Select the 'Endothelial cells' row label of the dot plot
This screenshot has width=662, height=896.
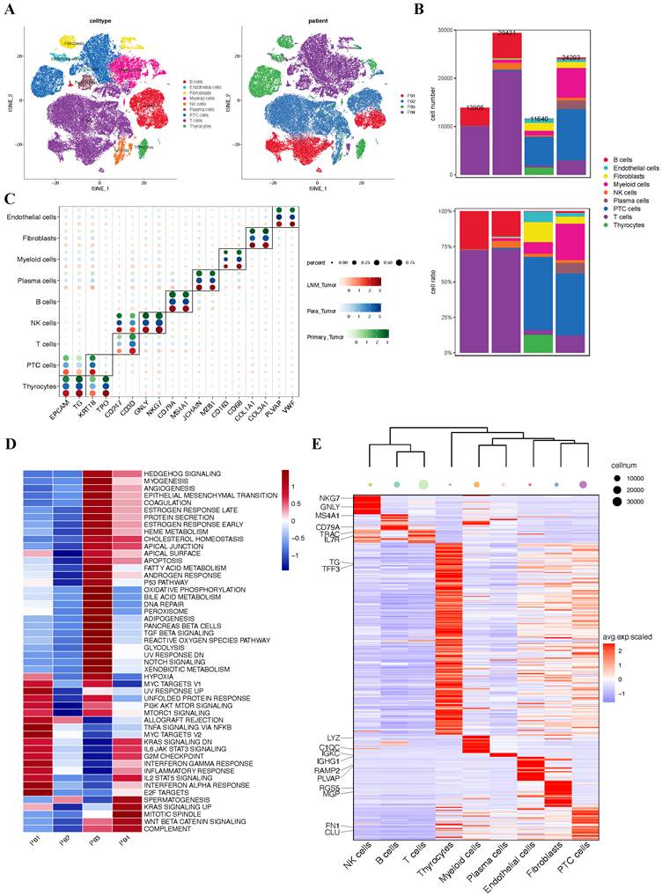coord(33,217)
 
